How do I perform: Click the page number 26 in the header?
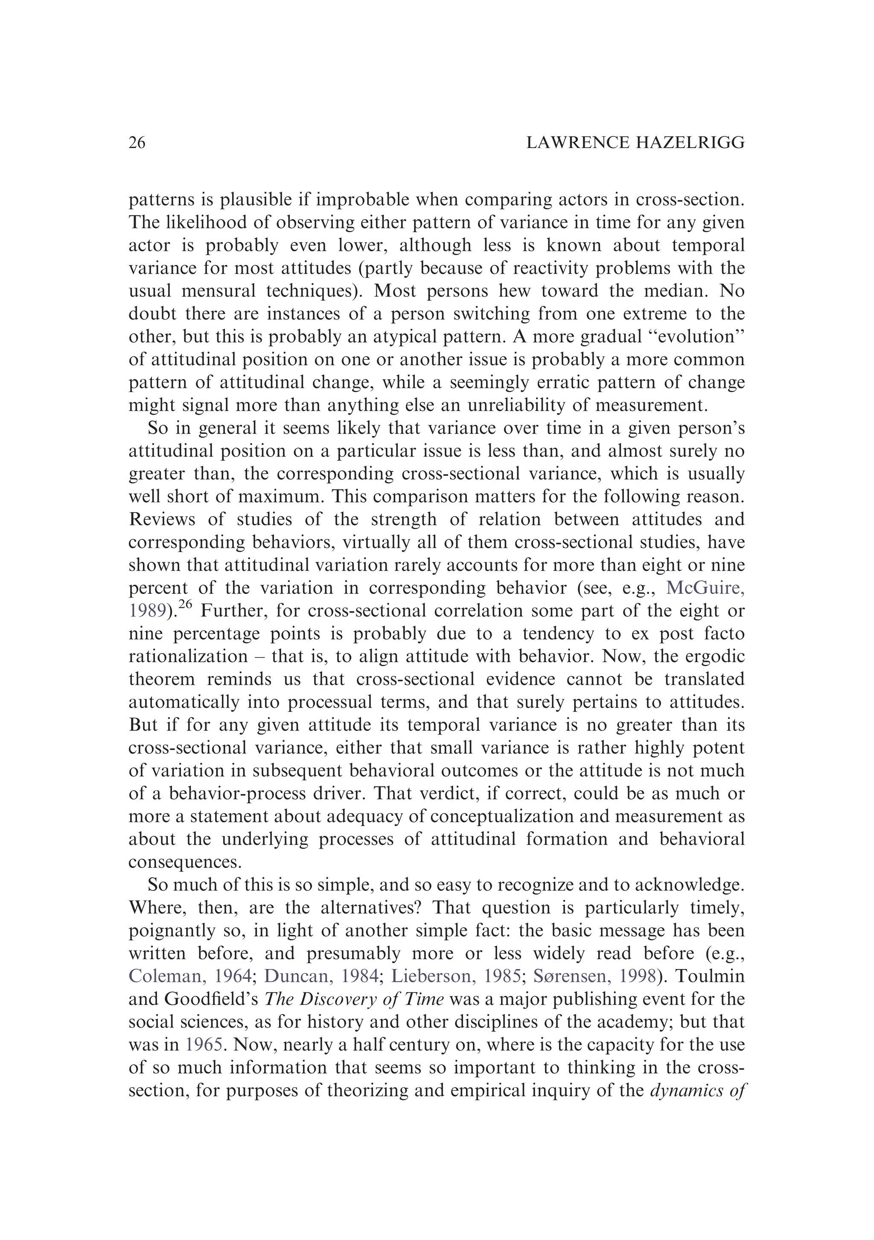point(137,143)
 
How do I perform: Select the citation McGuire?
point(705,588)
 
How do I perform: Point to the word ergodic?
point(713,657)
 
